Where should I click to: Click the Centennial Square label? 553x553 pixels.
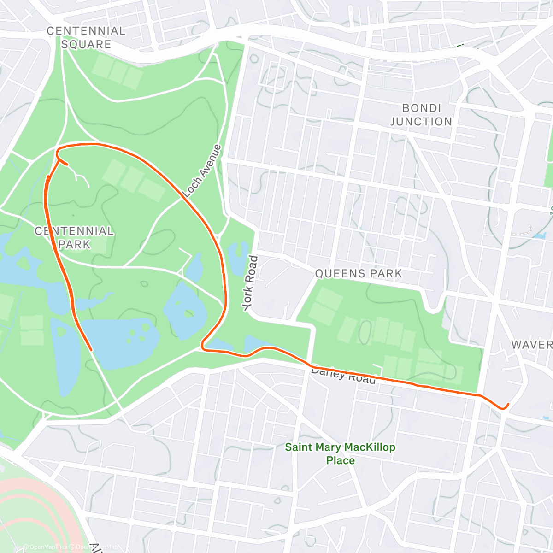click(86, 38)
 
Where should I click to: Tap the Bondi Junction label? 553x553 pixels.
click(421, 115)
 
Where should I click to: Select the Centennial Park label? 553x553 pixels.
click(74, 237)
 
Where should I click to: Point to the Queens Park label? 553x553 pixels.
click(359, 274)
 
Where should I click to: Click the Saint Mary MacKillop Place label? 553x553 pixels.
click(340, 453)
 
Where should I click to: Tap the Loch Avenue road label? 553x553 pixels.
click(202, 171)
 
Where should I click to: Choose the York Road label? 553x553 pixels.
click(250, 282)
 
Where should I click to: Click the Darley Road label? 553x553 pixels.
click(343, 375)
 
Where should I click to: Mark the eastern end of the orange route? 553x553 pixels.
click(508, 404)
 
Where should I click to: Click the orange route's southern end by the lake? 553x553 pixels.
click(92, 350)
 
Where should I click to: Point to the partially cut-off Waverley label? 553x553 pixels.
click(532, 345)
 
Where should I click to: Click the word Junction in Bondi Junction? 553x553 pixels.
click(421, 122)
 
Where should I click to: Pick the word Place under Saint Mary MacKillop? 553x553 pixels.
click(340, 460)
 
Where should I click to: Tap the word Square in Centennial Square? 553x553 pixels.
click(86, 44)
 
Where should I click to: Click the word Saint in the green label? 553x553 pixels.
click(298, 447)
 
